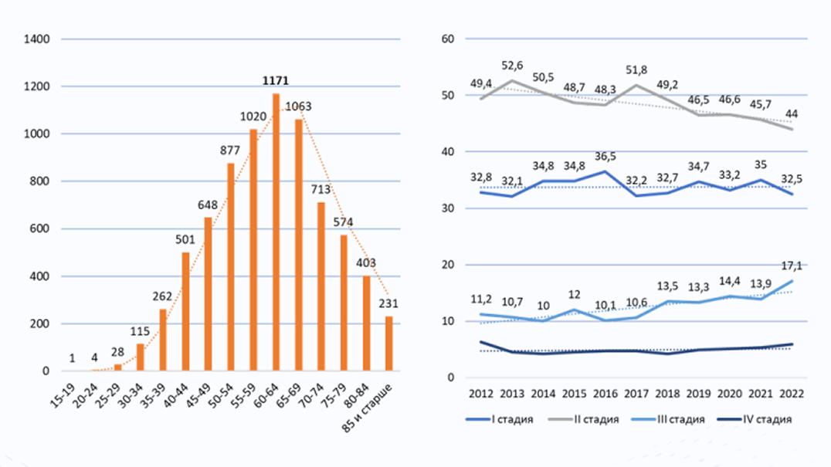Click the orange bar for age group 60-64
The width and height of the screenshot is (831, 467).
[276, 232]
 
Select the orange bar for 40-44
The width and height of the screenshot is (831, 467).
[185, 311]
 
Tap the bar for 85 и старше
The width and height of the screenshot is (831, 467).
[389, 343]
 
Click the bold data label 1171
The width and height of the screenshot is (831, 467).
[276, 80]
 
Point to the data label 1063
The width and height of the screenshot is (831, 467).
[298, 107]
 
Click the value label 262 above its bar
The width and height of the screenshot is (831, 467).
[162, 296]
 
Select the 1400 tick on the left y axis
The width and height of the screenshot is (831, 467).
[36, 39]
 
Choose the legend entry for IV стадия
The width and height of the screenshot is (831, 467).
[755, 419]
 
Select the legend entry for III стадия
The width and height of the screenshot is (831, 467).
[668, 419]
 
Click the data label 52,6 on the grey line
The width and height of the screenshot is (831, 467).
[512, 66]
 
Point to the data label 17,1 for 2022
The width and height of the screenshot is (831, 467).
[792, 266]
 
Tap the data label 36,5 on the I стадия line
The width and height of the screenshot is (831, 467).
[605, 157]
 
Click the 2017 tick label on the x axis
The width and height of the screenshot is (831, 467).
[636, 394]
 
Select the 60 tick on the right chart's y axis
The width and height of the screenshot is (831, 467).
[448, 39]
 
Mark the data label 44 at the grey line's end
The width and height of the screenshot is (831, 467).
[792, 114]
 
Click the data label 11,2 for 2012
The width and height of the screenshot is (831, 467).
[480, 299]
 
